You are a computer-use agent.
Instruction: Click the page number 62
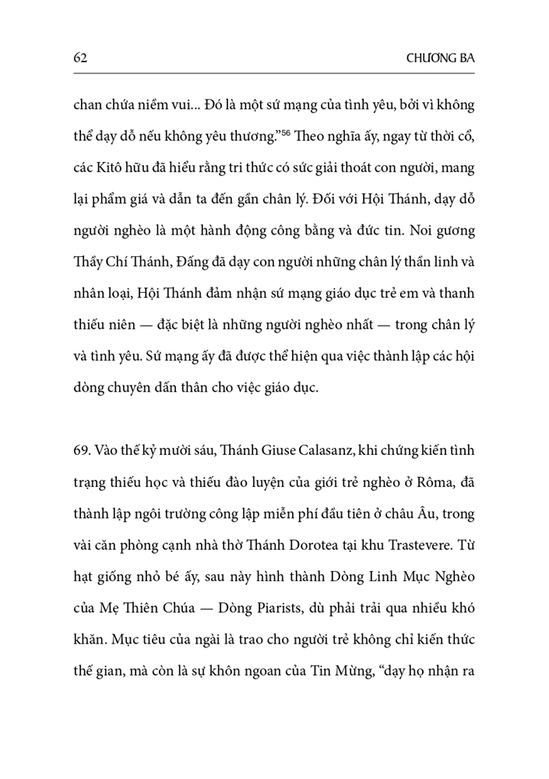[79, 58]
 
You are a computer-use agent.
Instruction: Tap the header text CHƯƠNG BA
[440, 58]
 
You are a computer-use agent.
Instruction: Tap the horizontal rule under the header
[274, 74]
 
